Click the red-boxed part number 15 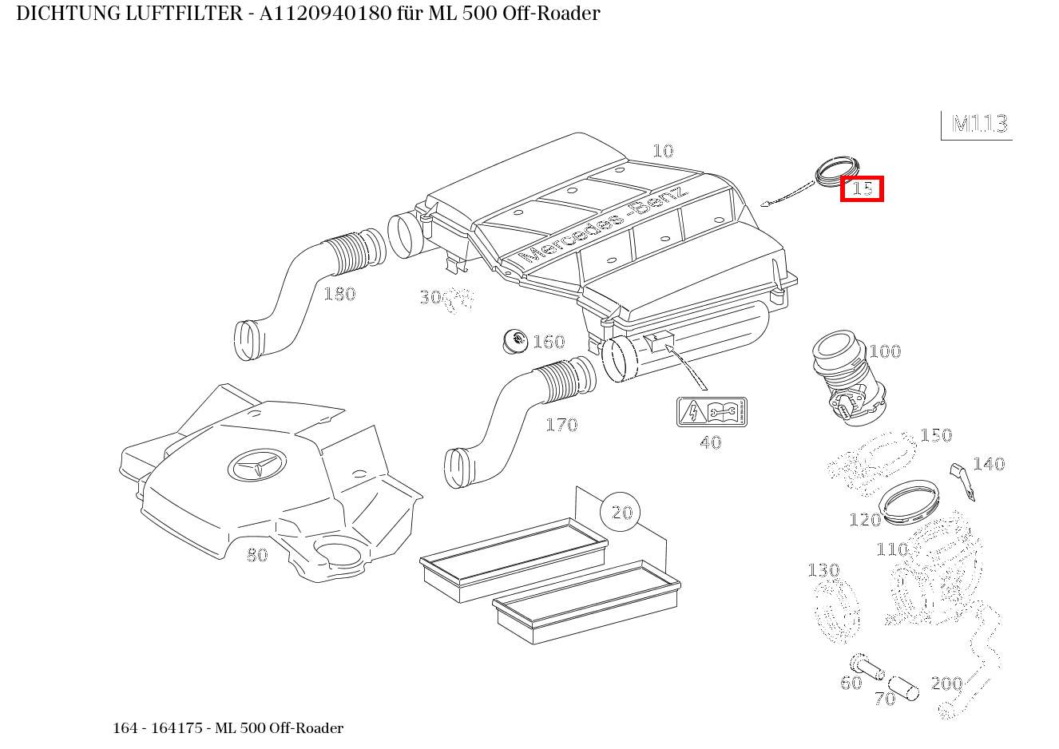[862, 189]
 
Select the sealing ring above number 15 [835, 169]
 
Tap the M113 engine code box [979, 125]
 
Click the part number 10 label [663, 151]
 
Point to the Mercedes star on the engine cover [256, 466]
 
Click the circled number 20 [621, 513]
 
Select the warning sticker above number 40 [711, 412]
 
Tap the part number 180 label [339, 294]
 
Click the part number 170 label [561, 425]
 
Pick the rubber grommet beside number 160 [516, 341]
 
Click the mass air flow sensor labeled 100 [847, 379]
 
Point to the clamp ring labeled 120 [909, 503]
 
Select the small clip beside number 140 [962, 480]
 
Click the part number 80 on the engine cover [257, 555]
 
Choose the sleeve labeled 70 [905, 687]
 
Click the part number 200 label [947, 684]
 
